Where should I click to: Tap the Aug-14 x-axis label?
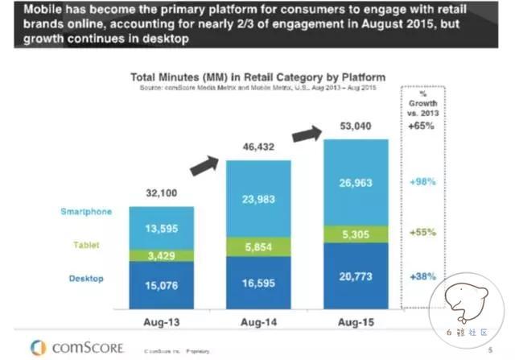(x=256, y=321)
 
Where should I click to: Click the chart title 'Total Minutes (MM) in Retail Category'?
(x=257, y=78)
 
